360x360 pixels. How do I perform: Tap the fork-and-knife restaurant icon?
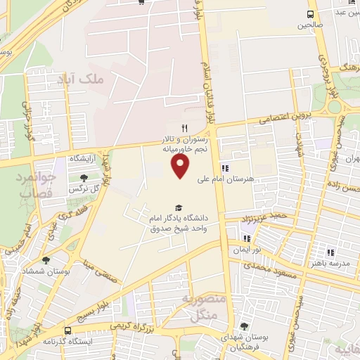(185, 128)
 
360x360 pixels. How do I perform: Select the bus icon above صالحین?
(311, 15)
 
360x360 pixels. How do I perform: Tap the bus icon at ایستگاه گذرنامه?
(67, 330)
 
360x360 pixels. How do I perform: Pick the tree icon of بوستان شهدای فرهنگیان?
(243, 326)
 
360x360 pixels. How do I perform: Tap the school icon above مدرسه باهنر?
(330, 252)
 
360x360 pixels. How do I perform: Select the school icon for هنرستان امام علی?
(225, 168)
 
